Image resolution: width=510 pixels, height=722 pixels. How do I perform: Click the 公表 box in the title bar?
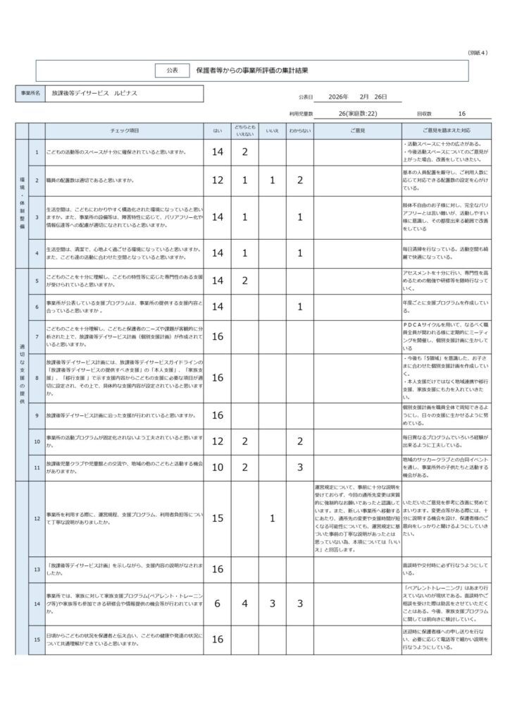(172, 71)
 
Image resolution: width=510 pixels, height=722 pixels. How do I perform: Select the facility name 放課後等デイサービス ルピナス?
(94, 93)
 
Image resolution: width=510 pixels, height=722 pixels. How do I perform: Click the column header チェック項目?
(125, 131)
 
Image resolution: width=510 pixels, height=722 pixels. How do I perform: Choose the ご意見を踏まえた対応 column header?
(446, 131)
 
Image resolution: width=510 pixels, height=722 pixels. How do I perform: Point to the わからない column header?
(299, 131)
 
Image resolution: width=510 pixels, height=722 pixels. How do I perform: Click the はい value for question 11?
(217, 467)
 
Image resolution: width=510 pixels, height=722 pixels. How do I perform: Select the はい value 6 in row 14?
(217, 604)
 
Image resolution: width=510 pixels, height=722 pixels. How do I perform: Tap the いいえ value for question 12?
(272, 518)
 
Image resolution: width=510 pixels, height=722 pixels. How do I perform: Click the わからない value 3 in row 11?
(299, 467)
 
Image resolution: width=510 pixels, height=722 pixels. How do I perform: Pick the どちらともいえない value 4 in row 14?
(244, 604)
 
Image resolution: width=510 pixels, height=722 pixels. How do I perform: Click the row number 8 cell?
(37, 378)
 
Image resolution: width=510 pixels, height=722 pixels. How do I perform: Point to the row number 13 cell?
(37, 568)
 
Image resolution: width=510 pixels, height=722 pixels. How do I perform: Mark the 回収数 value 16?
(461, 113)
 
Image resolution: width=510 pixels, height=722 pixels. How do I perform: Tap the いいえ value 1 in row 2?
(272, 180)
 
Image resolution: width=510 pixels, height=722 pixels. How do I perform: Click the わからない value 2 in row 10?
(299, 441)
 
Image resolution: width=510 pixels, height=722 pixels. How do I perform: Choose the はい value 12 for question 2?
(217, 180)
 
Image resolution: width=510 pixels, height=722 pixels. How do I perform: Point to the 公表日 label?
(304, 97)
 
